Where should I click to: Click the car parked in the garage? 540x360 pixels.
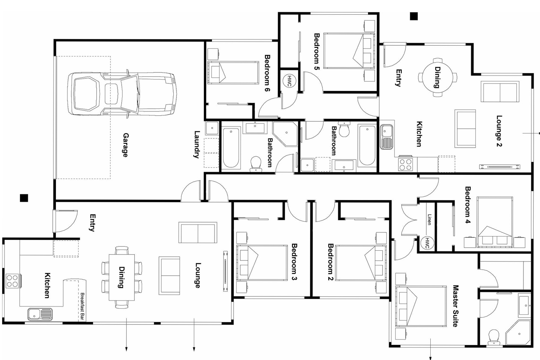pos(121,94)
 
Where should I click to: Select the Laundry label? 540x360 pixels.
pos(197,144)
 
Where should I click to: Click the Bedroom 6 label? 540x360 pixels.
pos(267,73)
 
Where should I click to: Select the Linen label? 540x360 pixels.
pos(429,220)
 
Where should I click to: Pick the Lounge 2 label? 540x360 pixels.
pos(499,131)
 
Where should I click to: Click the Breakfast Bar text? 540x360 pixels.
pos(83,306)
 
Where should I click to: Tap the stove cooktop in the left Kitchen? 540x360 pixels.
pos(12,281)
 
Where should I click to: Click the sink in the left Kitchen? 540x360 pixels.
pos(40,314)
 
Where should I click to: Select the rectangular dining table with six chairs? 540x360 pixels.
pos(122,277)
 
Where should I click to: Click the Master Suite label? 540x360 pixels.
pos(455,306)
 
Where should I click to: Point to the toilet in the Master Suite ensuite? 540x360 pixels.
pos(494,337)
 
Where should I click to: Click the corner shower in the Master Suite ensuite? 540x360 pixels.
pos(519,332)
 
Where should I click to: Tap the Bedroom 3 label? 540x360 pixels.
pos(294,262)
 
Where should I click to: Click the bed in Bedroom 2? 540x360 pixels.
pos(360,263)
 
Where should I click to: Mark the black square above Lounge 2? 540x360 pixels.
pos(414,16)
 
